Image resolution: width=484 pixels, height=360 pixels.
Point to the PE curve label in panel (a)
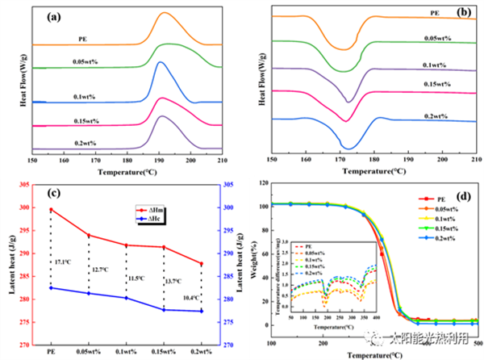tap(83, 38)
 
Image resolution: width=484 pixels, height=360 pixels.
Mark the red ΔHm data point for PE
tap(51, 210)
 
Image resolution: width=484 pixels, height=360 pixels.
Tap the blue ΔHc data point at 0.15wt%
tap(164, 310)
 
